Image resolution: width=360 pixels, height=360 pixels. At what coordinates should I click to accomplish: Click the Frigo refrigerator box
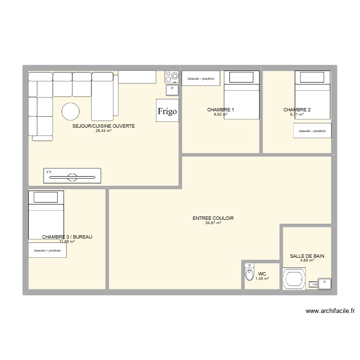[x=167, y=111]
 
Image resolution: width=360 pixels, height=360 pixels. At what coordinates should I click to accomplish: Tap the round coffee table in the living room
[x=71, y=112]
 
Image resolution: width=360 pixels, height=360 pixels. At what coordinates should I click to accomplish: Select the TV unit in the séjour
[x=72, y=176]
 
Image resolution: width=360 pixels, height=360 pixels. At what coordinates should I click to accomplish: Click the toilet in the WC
[x=249, y=274]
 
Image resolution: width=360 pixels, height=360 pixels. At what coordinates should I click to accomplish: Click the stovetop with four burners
[x=172, y=76]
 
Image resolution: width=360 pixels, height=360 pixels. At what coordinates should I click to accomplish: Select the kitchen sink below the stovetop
[x=172, y=89]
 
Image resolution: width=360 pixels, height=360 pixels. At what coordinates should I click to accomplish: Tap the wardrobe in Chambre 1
[x=201, y=78]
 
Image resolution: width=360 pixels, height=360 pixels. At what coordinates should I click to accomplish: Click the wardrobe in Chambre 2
[x=312, y=131]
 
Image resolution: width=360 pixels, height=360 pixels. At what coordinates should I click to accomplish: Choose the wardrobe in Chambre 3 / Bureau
[x=47, y=251]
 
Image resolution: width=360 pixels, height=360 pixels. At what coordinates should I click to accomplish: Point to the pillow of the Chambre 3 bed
[x=46, y=197]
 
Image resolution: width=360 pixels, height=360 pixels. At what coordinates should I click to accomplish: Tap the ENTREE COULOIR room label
[x=213, y=218]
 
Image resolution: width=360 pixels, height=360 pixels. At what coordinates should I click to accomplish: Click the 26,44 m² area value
[x=103, y=131]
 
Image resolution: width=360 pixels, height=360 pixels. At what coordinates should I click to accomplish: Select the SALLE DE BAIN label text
[x=307, y=256]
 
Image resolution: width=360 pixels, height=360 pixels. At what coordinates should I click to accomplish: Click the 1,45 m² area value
[x=262, y=278]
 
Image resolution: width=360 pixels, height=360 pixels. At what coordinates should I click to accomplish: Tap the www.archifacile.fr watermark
[x=330, y=311]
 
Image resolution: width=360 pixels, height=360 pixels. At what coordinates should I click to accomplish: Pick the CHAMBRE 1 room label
[x=220, y=110]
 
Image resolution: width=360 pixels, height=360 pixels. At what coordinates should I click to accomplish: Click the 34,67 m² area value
[x=213, y=223]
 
